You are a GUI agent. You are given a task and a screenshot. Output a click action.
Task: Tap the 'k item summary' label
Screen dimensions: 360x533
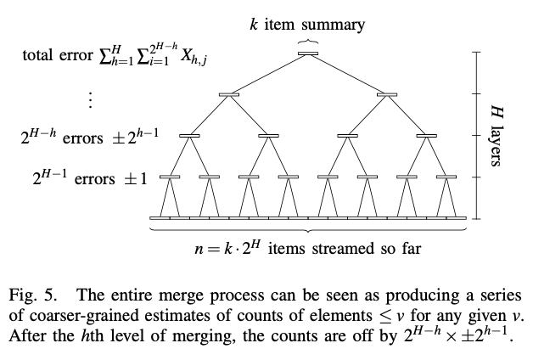(307, 24)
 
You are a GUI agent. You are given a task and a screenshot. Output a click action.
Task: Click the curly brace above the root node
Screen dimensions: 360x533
(307, 42)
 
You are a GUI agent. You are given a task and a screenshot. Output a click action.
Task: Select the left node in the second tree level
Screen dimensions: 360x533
(228, 94)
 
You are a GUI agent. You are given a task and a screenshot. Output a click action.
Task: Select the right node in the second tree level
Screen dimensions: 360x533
(387, 94)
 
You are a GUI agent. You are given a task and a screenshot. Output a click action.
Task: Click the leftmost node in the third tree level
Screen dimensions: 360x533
(188, 135)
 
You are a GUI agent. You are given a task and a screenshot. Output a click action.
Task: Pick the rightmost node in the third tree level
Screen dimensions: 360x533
(426, 135)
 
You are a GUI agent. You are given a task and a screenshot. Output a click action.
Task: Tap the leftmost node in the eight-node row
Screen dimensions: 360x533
(169, 177)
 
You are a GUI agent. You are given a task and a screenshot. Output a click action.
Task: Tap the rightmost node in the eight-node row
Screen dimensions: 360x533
(446, 177)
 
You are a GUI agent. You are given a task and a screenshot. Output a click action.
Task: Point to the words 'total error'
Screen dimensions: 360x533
(57, 57)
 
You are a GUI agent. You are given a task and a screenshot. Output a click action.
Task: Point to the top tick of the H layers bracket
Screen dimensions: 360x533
(477, 53)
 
